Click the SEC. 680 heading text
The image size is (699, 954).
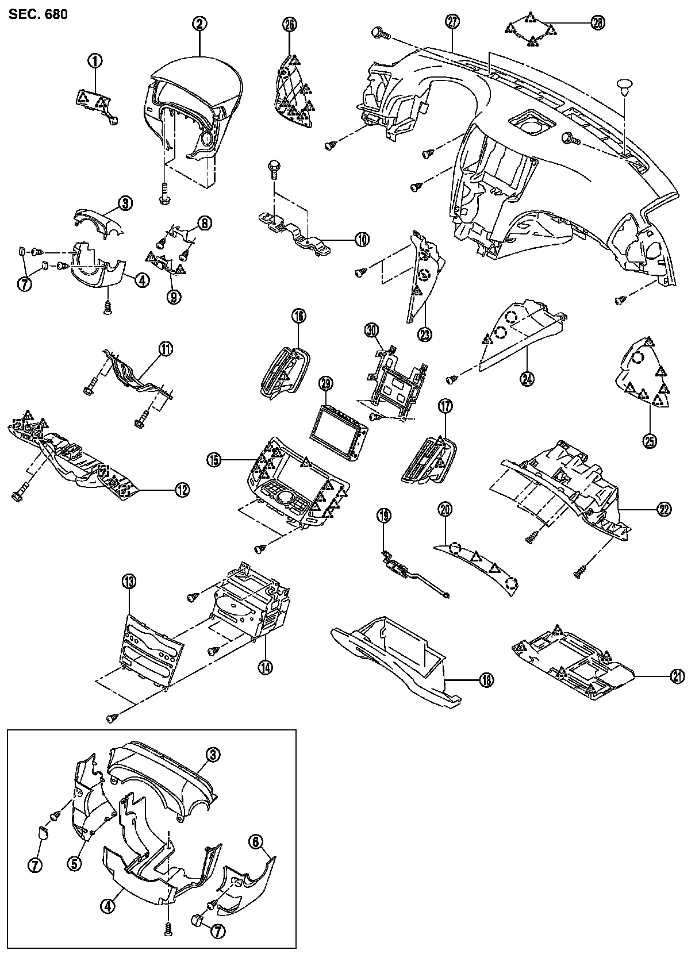coord(38,14)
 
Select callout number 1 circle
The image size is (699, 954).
coord(94,59)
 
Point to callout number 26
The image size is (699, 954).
coord(290,24)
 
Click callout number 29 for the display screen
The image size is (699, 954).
coord(326,383)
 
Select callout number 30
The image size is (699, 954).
coord(372,330)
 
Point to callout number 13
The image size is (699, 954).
coord(128,582)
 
